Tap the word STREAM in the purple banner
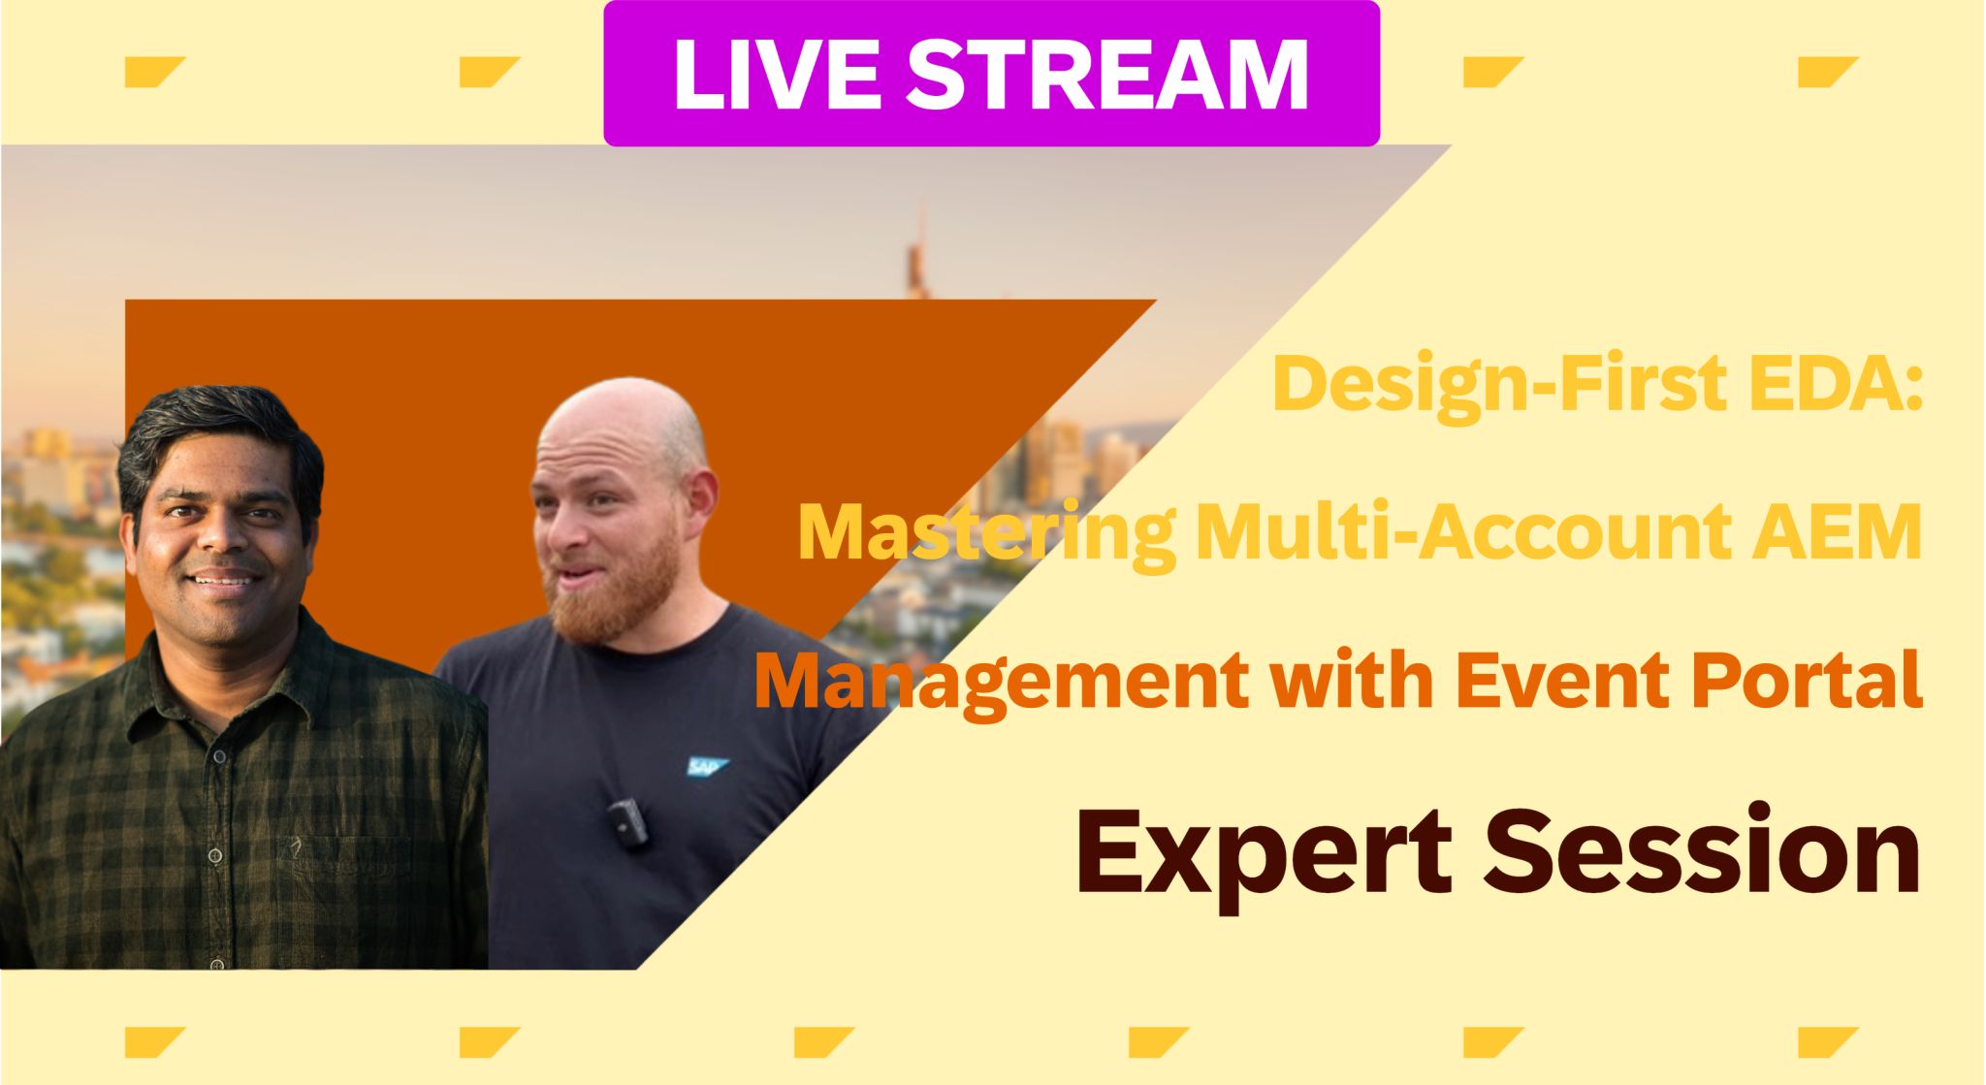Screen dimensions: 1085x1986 [x=1106, y=76]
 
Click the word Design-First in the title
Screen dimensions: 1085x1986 [x=1498, y=384]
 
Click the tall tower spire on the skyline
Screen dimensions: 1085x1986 [x=915, y=252]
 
